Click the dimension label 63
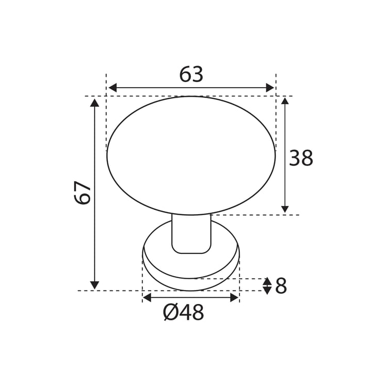tap(191, 75)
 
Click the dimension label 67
tap(83, 192)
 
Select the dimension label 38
tap(301, 158)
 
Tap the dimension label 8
tap(281, 286)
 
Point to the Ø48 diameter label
tap(184, 313)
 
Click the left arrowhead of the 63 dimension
tap(112, 88)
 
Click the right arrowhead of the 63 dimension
tap(270, 88)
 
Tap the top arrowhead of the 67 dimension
tap(94, 103)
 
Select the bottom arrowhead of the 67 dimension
tap(94, 285)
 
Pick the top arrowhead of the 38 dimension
tap(285, 101)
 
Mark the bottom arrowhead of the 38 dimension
tap(285, 209)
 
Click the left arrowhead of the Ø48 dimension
tap(147, 297)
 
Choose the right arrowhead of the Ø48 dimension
tap(235, 297)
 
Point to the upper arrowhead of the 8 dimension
tap(267, 282)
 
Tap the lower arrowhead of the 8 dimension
tap(267, 291)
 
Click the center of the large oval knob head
tap(191, 155)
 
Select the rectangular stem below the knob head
tap(191, 234)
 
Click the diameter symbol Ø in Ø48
tap(170, 313)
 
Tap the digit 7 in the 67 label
tap(83, 186)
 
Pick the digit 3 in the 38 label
tap(295, 158)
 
